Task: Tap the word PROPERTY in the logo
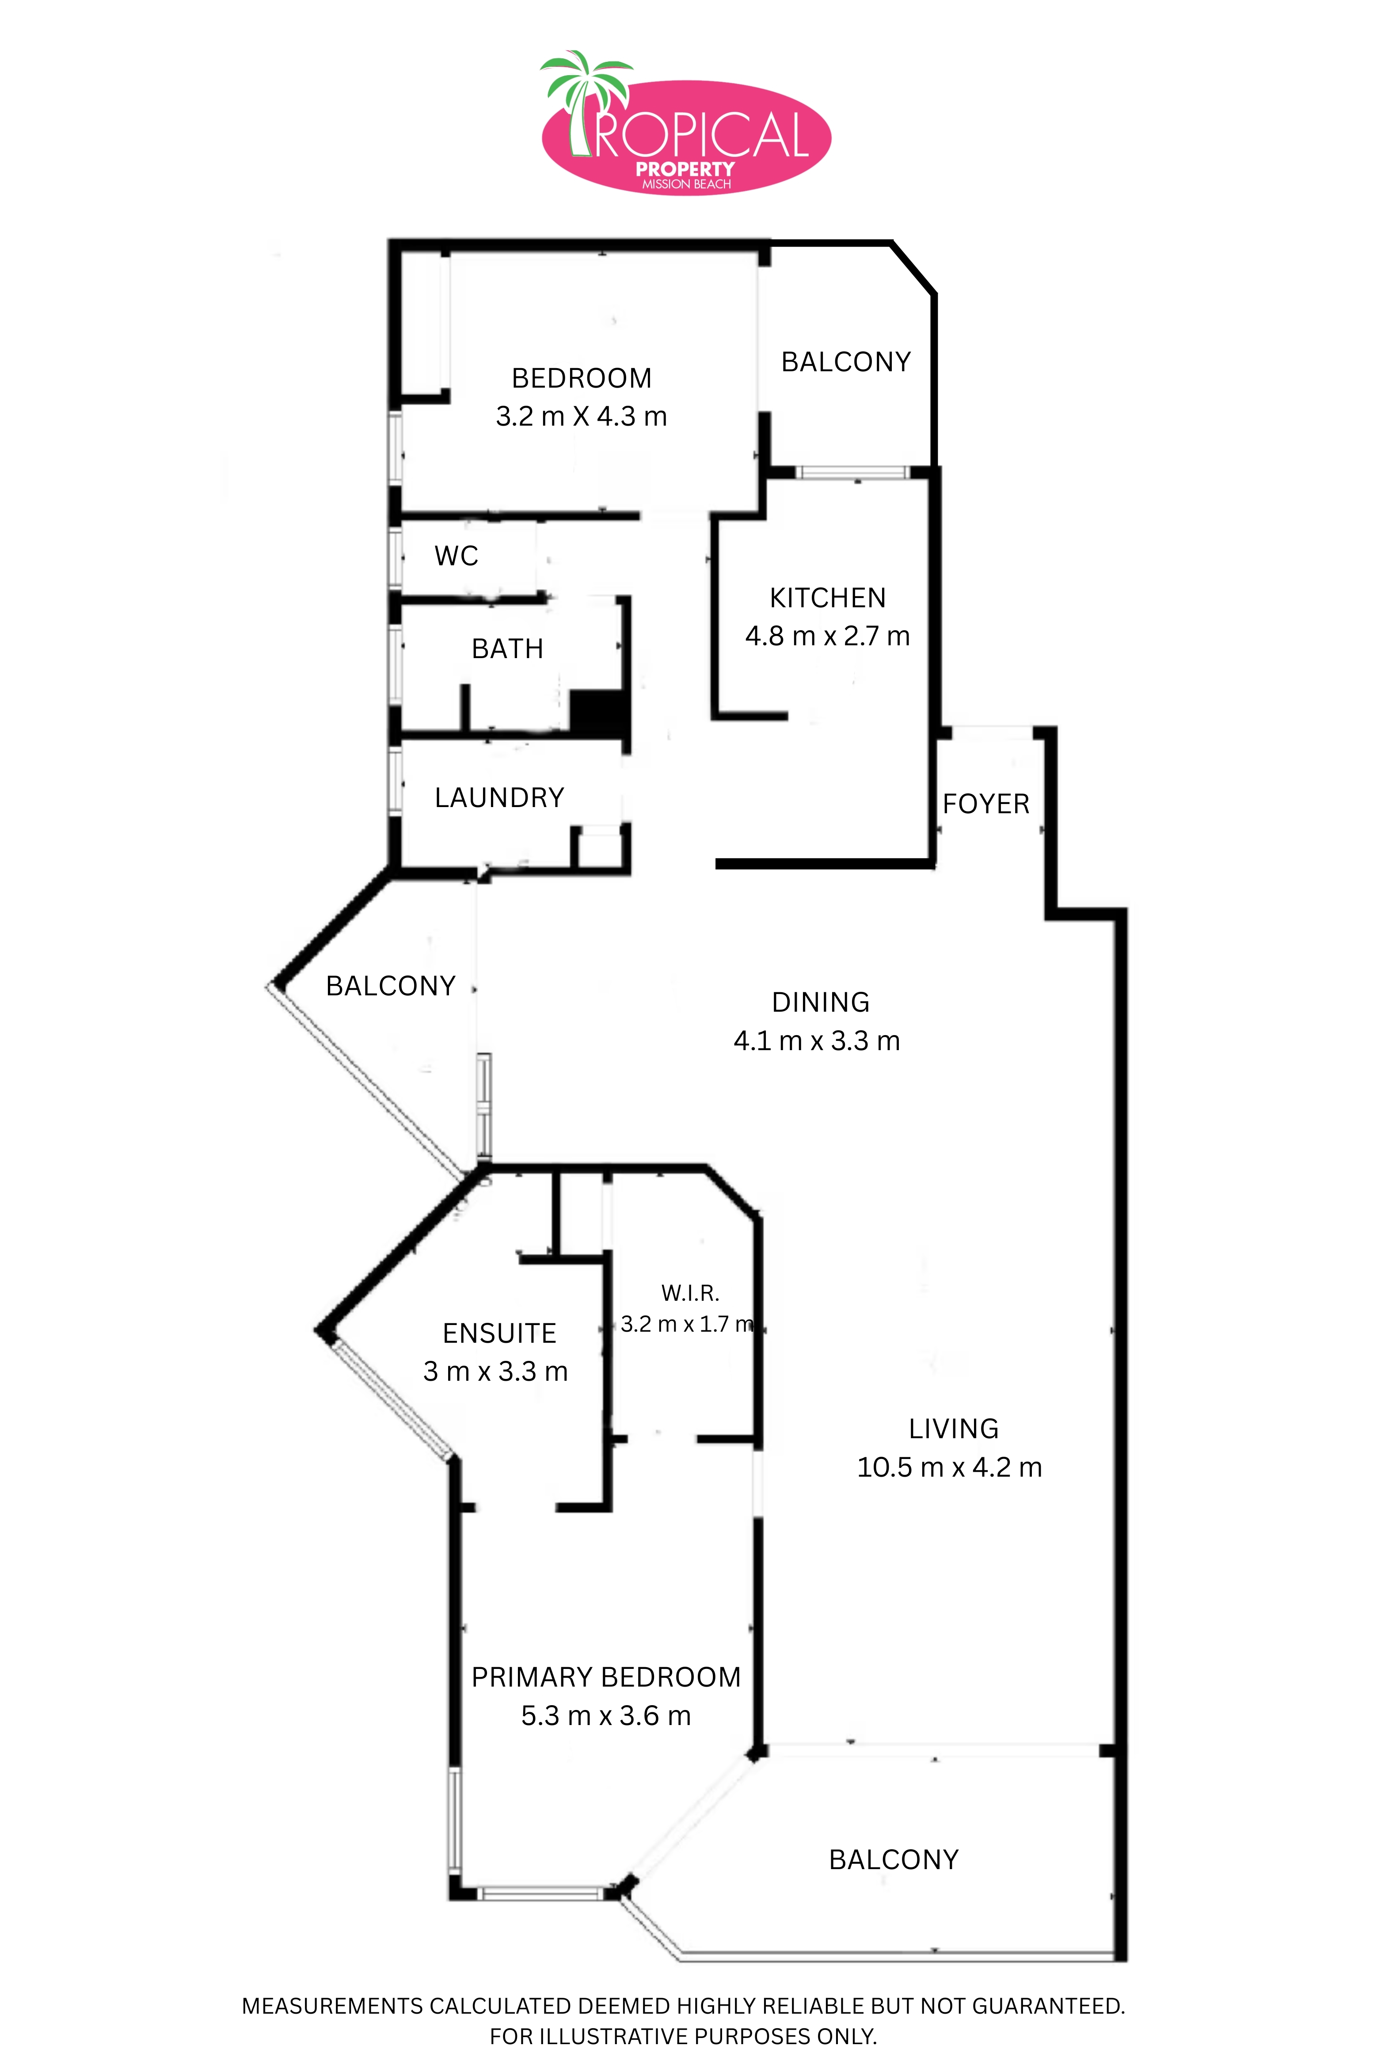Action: point(685,169)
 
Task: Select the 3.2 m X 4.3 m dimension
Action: point(581,416)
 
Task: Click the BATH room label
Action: point(507,649)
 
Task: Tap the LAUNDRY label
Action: point(499,798)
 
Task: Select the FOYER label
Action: point(985,804)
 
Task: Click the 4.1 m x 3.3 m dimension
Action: point(817,1041)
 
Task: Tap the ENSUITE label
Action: point(499,1333)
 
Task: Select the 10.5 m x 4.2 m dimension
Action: point(949,1467)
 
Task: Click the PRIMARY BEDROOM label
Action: point(606,1677)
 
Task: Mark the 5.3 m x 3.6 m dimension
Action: point(606,1715)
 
